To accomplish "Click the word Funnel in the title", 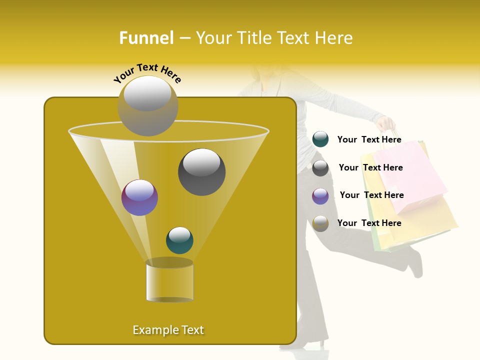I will pyautogui.click(x=146, y=38).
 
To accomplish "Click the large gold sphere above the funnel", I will pyautogui.click(x=148, y=105).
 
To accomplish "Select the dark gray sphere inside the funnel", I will pyautogui.click(x=201, y=171).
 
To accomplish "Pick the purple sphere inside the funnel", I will pyautogui.click(x=139, y=197).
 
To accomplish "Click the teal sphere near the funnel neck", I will pyautogui.click(x=179, y=240).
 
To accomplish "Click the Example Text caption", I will pyautogui.click(x=168, y=330).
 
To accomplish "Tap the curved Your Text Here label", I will pyautogui.click(x=147, y=73).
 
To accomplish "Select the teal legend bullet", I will pyautogui.click(x=320, y=139).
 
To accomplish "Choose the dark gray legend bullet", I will pyautogui.click(x=320, y=168).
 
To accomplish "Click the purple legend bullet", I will pyautogui.click(x=320, y=196).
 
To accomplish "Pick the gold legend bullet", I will pyautogui.click(x=320, y=223).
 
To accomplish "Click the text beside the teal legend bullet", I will pyautogui.click(x=369, y=140).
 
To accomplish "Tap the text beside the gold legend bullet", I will pyautogui.click(x=369, y=223).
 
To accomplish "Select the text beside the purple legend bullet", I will pyautogui.click(x=371, y=195).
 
